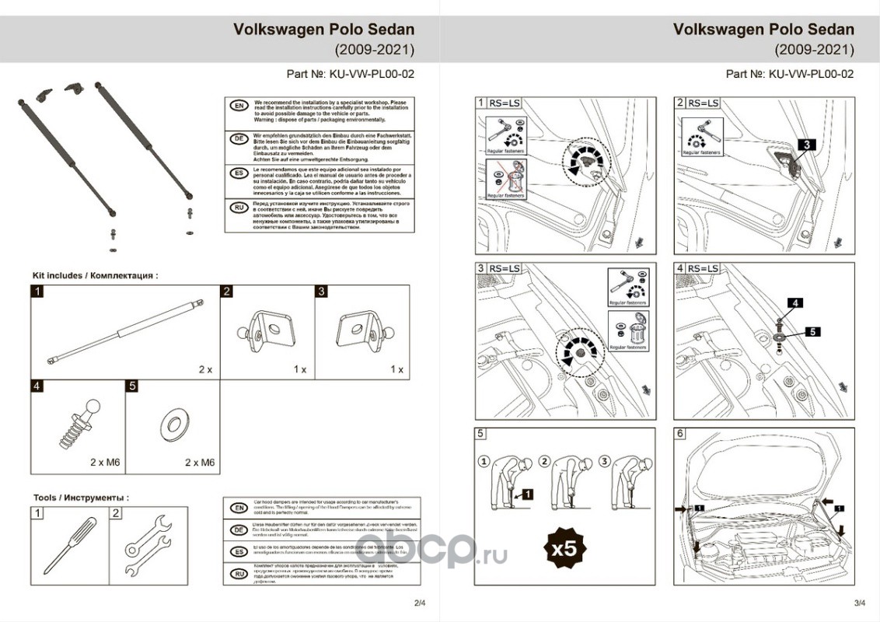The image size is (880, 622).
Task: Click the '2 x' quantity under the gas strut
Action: click(x=205, y=369)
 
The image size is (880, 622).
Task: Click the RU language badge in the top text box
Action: click(x=239, y=208)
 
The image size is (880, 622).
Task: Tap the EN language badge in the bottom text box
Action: click(x=239, y=508)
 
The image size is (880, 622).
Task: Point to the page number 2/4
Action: click(x=421, y=603)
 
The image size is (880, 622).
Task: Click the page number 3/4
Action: click(x=859, y=603)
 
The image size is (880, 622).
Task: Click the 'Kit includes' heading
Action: click(x=95, y=275)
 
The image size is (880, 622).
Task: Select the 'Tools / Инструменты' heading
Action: click(x=81, y=497)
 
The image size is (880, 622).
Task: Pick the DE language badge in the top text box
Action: click(x=239, y=139)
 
